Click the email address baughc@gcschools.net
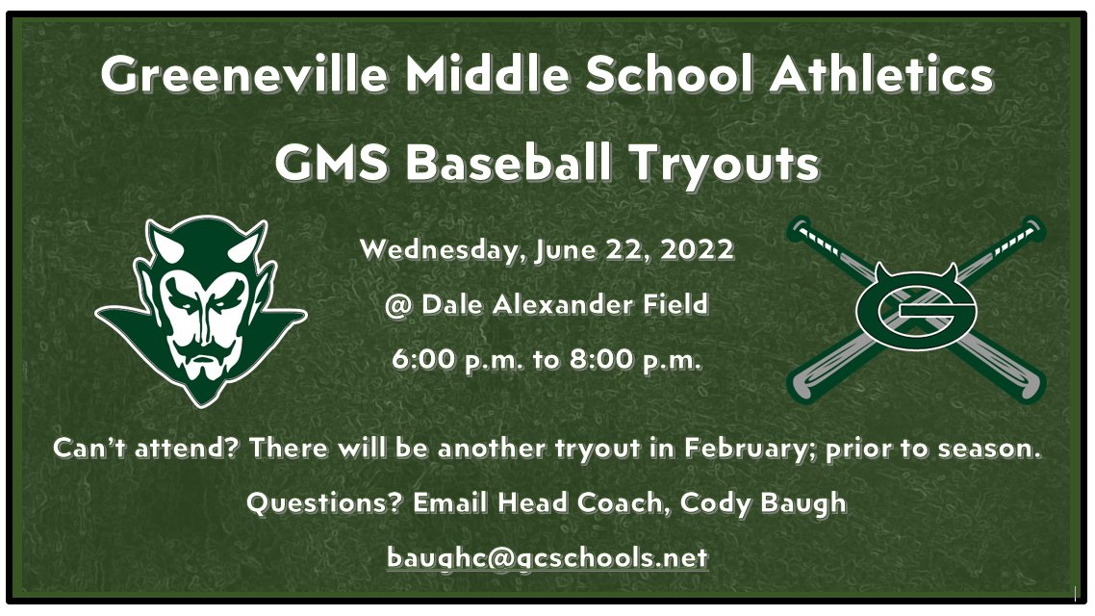pos(547,557)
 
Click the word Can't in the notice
pos(88,449)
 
